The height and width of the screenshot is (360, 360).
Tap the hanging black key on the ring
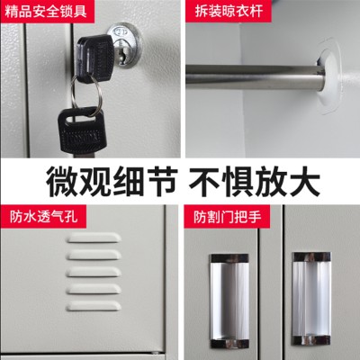click(x=80, y=130)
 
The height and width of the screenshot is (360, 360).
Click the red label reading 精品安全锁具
click(x=46, y=12)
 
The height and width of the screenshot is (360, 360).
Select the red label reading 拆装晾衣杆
click(x=229, y=12)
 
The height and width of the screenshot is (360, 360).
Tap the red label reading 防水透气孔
click(x=42, y=217)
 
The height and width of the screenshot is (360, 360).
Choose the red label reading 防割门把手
click(x=227, y=217)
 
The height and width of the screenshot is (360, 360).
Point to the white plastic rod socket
click(x=329, y=76)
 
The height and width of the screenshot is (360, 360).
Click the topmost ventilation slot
click(x=94, y=238)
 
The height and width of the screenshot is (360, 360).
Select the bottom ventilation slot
click(x=94, y=306)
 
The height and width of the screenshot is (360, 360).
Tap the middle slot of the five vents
click(x=94, y=272)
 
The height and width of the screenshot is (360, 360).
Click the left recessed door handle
click(x=229, y=298)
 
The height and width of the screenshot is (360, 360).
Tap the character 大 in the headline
click(x=303, y=181)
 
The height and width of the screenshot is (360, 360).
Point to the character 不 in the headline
click(x=204, y=181)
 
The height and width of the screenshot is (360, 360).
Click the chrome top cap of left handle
click(x=229, y=258)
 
